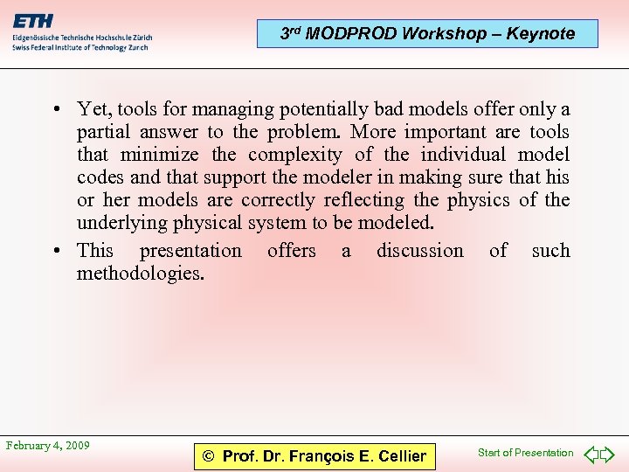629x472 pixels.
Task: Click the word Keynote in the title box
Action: click(x=543, y=34)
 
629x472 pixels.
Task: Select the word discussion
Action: click(x=420, y=251)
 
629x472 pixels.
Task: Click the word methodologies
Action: click(x=140, y=274)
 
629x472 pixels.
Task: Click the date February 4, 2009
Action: click(x=48, y=446)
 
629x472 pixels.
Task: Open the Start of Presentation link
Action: click(x=525, y=453)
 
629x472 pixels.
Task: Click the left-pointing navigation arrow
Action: click(x=591, y=454)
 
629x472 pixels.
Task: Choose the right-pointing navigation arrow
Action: click(x=608, y=454)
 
